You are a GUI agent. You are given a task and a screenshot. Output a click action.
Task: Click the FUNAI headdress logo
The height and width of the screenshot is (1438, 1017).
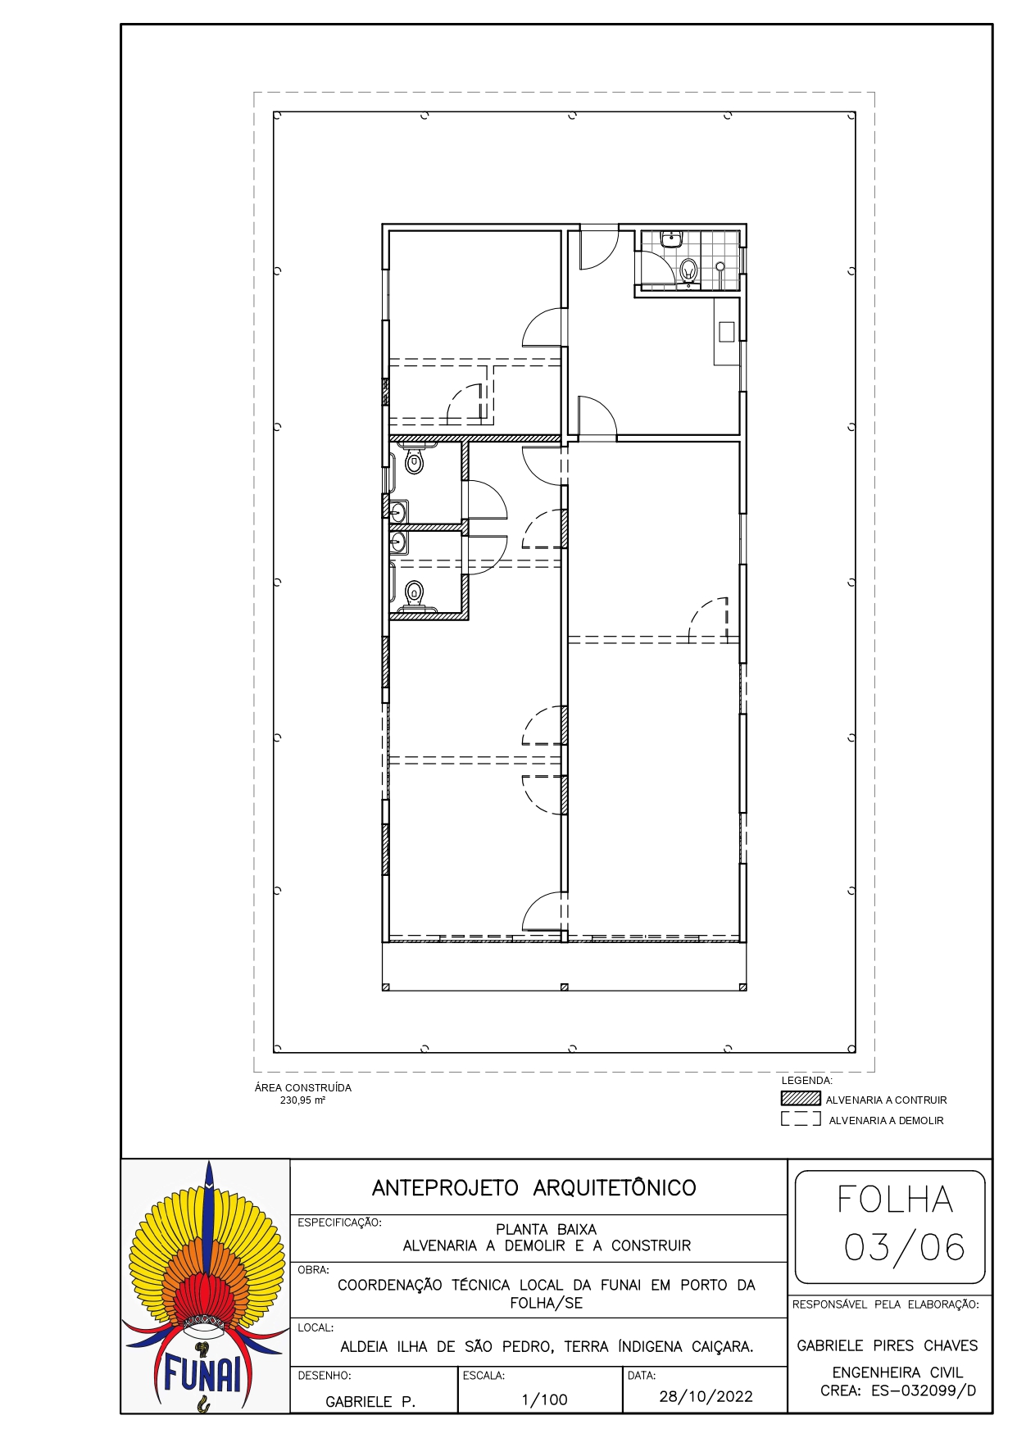click(x=206, y=1286)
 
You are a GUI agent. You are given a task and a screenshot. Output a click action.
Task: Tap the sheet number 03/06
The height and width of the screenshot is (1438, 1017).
click(x=905, y=1247)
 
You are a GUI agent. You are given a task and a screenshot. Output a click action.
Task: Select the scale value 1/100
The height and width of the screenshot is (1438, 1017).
click(x=545, y=1399)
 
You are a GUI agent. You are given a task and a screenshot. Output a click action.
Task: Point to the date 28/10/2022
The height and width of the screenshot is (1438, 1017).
click(x=706, y=1396)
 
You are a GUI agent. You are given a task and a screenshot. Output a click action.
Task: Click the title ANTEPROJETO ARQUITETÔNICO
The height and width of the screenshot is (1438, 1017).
click(x=534, y=1188)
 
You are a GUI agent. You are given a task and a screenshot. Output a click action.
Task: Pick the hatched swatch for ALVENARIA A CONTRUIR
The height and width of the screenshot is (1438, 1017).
click(x=801, y=1099)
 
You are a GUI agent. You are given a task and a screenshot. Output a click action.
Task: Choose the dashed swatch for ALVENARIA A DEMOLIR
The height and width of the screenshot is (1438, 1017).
click(x=801, y=1118)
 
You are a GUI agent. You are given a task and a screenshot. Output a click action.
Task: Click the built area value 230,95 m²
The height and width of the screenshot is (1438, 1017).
click(x=302, y=1100)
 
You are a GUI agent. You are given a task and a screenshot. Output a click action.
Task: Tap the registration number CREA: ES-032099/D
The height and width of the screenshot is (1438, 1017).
click(x=898, y=1390)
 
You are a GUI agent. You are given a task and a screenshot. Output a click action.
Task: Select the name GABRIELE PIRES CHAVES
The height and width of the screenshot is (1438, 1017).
click(x=888, y=1345)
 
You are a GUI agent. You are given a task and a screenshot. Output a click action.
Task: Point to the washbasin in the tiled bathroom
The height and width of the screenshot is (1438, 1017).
click(x=672, y=239)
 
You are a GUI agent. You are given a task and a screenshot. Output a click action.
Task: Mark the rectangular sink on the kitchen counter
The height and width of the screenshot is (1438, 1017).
click(x=726, y=331)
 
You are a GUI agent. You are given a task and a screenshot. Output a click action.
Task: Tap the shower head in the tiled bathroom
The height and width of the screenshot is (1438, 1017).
click(x=720, y=266)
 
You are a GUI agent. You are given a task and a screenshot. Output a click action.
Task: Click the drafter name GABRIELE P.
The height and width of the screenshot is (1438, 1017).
click(x=370, y=1402)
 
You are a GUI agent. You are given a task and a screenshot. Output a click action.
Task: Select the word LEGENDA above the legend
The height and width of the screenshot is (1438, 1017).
click(x=806, y=1081)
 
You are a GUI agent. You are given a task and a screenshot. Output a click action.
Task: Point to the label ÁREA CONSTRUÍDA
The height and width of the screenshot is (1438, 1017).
click(x=303, y=1088)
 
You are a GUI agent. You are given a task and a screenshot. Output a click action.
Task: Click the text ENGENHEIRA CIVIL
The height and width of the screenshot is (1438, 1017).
click(x=897, y=1372)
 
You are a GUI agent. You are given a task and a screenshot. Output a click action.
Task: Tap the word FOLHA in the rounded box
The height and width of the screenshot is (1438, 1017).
click(x=895, y=1200)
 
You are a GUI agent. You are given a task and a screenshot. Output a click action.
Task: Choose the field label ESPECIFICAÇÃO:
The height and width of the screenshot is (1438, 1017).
click(x=339, y=1223)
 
